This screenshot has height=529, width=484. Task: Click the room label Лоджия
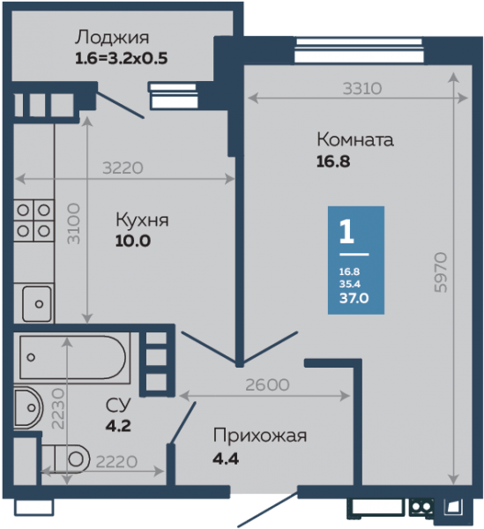112,38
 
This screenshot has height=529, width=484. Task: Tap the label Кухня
142,220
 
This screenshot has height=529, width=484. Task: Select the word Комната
355,139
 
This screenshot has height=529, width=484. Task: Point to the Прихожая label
260,436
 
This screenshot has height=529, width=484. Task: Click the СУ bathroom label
118,406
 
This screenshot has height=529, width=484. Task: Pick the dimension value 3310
362,89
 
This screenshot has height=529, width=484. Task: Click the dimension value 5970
441,272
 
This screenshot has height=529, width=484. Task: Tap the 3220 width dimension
123,168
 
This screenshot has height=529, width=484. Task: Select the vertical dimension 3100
74,224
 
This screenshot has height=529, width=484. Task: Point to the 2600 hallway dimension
267,385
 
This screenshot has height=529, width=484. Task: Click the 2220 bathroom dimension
116,462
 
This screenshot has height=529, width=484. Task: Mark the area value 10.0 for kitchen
133,242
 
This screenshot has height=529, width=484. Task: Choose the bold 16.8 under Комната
333,161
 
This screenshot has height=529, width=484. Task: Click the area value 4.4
226,458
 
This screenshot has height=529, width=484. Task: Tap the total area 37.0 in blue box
354,298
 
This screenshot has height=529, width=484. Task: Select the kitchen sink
37,303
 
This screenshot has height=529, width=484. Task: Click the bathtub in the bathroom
74,358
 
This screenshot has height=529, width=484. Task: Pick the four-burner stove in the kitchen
34,220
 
